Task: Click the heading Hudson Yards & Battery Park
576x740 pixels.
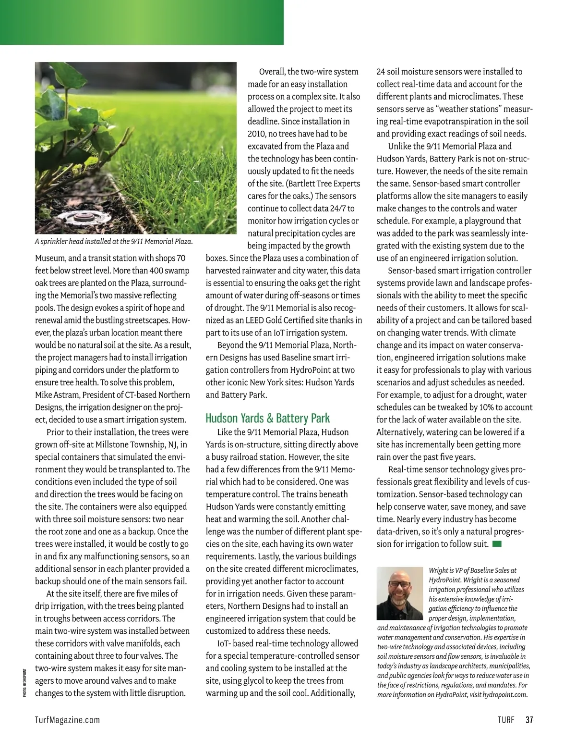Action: point(267,418)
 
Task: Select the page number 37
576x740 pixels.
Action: point(529,720)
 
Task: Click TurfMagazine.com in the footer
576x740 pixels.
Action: point(68,720)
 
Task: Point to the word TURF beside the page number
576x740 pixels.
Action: point(506,720)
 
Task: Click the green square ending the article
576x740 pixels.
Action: point(497,544)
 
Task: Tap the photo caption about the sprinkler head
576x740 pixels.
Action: point(114,242)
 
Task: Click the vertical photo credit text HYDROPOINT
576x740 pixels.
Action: point(24,682)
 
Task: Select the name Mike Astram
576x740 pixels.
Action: point(57,395)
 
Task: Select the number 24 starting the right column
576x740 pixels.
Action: point(381,72)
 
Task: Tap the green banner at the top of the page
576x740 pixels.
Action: point(142,22)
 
